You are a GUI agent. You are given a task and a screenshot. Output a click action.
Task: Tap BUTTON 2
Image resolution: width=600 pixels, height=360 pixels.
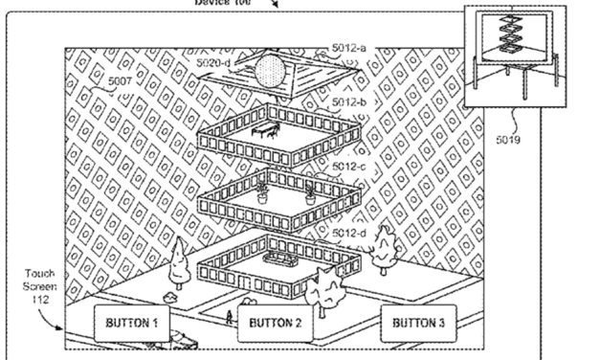[x=276, y=324]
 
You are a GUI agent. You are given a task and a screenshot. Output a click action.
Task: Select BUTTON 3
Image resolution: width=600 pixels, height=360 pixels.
[x=419, y=324]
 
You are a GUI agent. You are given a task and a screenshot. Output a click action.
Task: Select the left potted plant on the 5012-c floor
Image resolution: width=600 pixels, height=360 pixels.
[x=261, y=192]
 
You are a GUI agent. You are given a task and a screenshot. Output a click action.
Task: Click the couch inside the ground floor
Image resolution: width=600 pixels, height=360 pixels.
[x=282, y=259]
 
